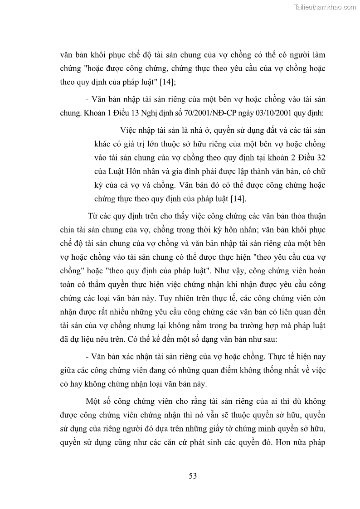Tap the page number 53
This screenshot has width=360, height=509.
click(x=193, y=475)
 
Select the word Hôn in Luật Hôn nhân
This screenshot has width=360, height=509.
click(x=129, y=172)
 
